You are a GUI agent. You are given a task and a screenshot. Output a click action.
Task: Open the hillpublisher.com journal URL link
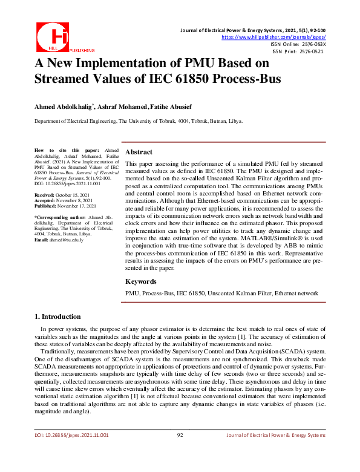coord(274,37)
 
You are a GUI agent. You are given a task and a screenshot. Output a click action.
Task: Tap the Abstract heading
coord(139,152)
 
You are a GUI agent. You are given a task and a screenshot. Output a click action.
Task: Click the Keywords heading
coord(141,281)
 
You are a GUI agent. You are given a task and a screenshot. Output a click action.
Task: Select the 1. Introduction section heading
coord(57,316)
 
